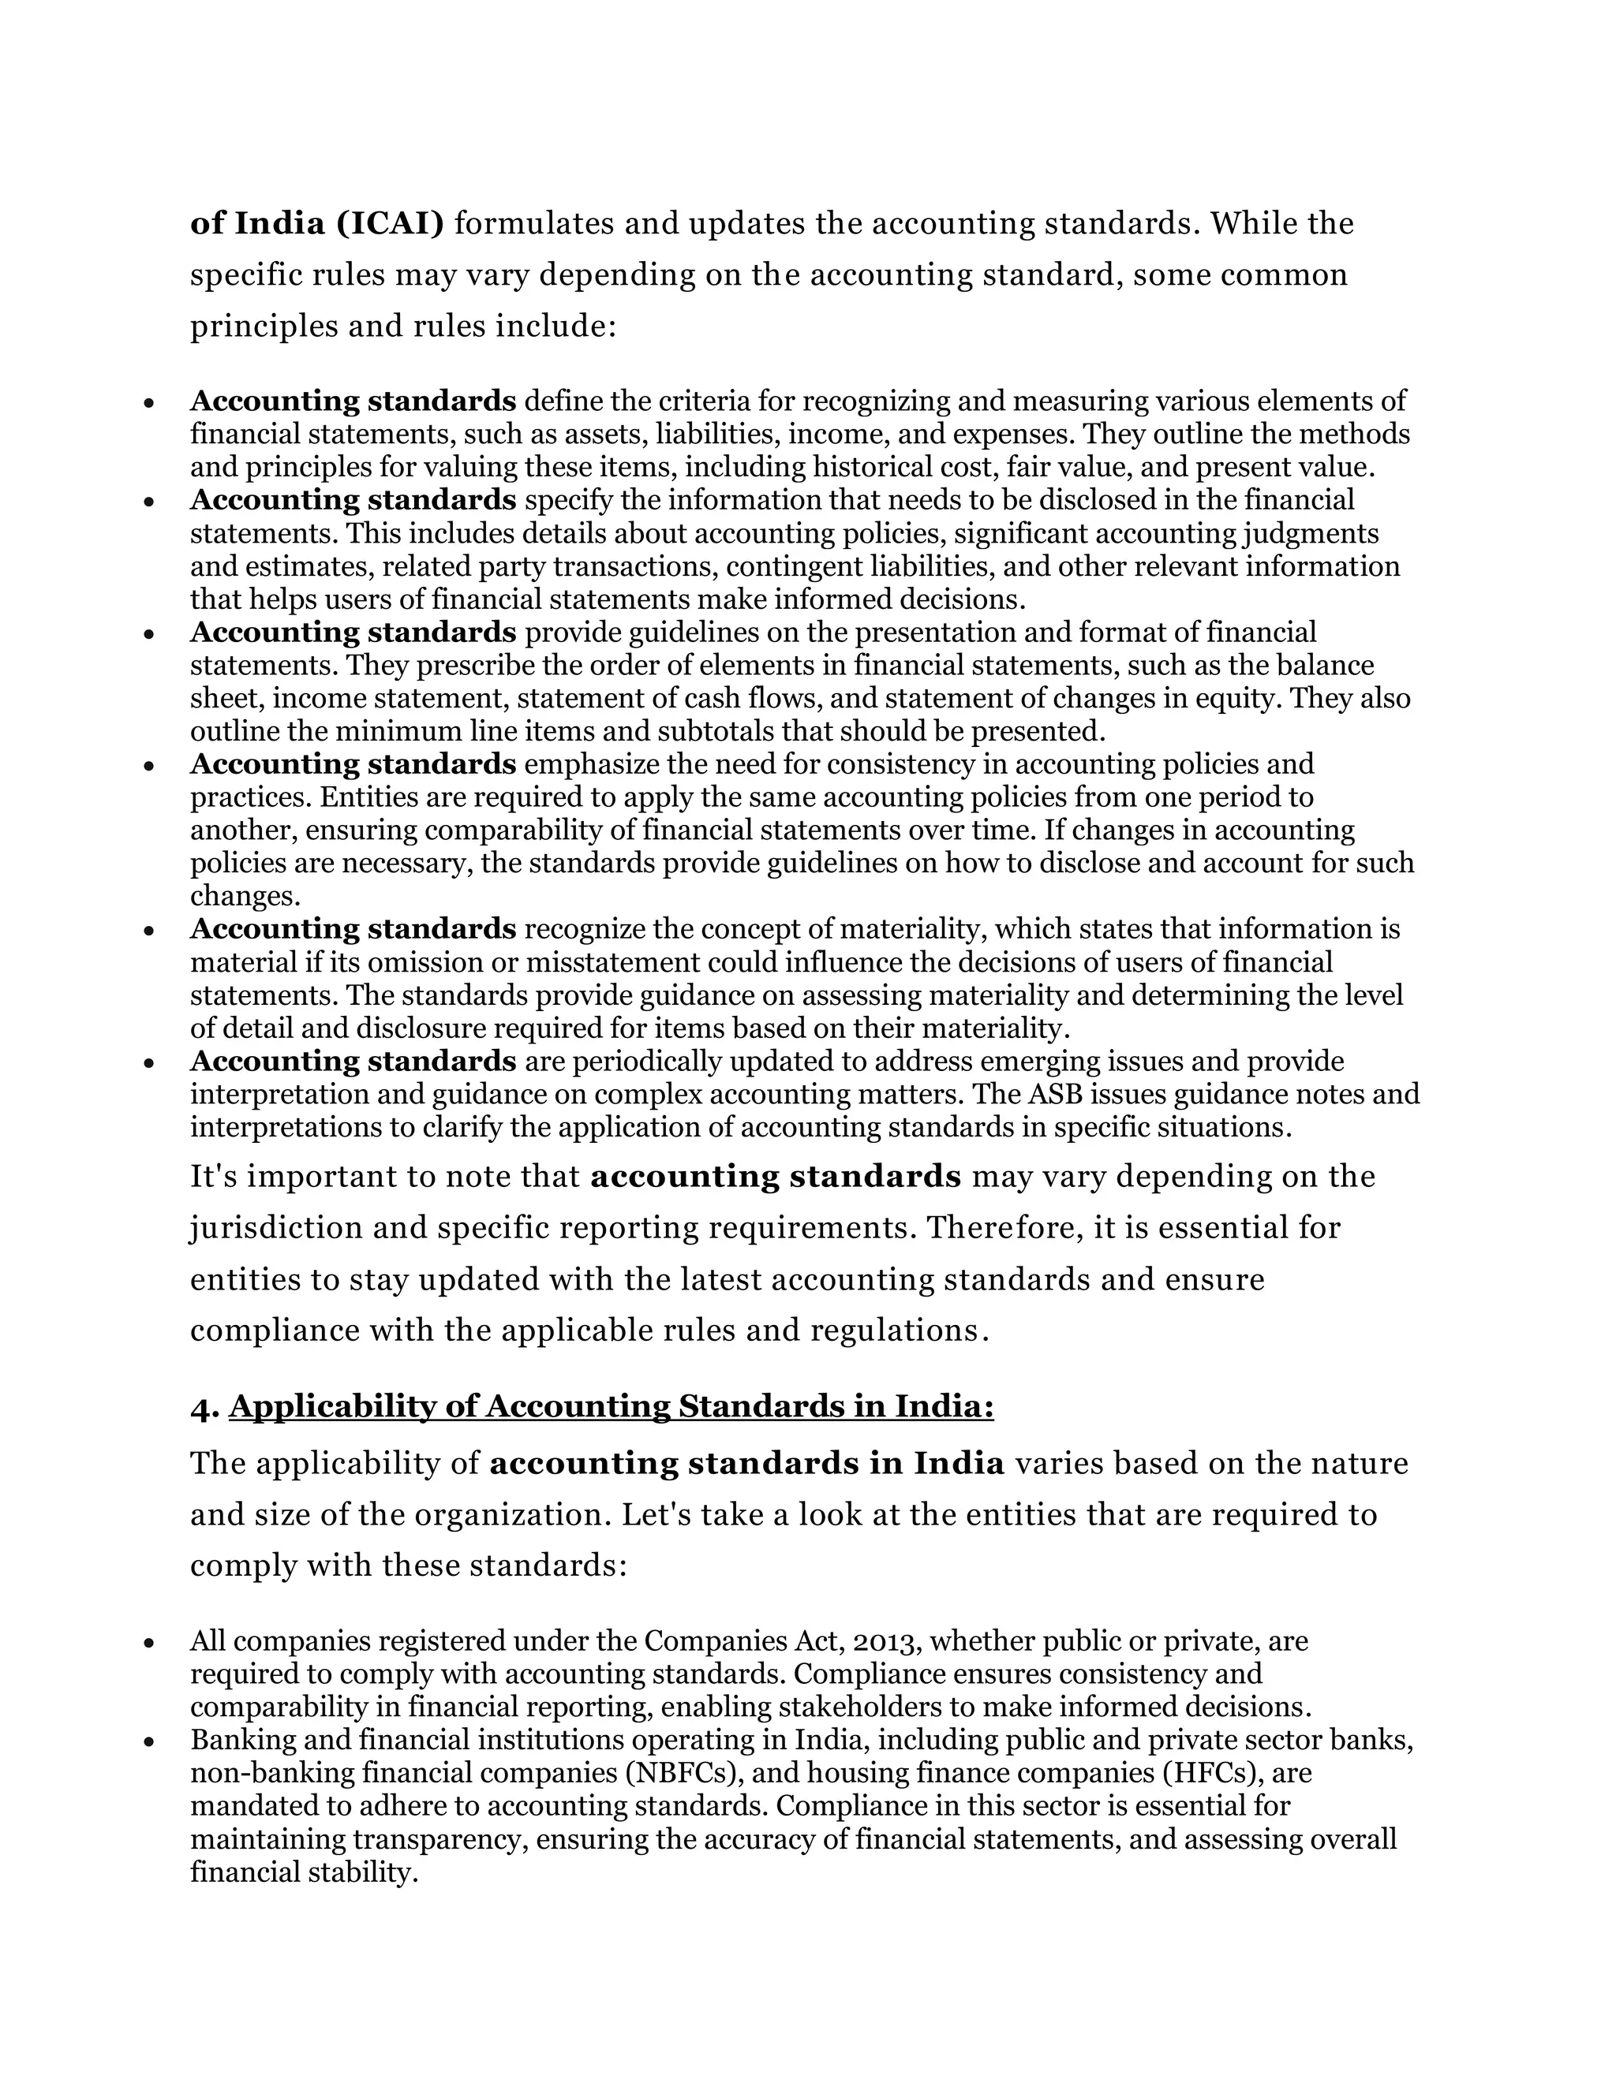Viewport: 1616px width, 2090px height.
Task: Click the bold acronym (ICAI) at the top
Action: [x=390, y=224]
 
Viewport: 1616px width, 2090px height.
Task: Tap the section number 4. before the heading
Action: [x=205, y=1407]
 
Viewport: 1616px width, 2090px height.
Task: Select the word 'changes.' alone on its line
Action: [x=245, y=897]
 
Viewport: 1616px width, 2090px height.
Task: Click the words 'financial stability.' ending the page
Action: [x=305, y=1873]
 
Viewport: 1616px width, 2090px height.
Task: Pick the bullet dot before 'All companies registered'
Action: [x=148, y=1643]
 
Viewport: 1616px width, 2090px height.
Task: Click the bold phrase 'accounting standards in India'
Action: [x=746, y=1464]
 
